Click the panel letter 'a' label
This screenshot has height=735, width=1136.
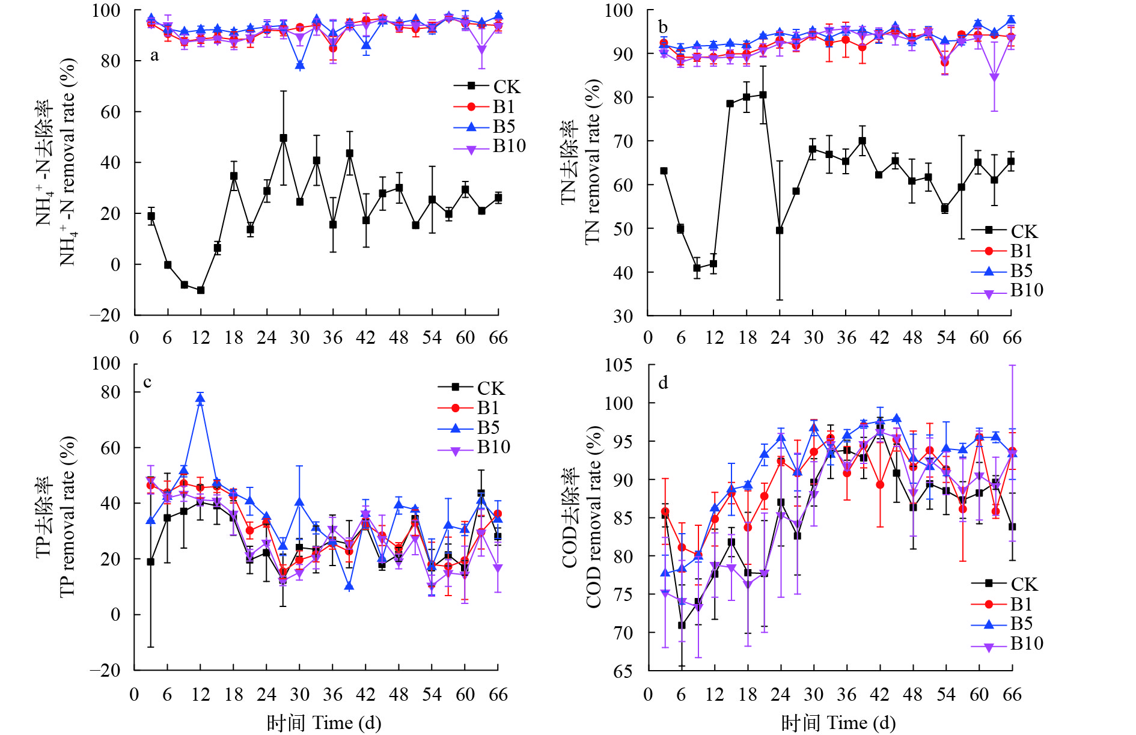point(154,56)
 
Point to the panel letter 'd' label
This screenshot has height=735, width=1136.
point(663,383)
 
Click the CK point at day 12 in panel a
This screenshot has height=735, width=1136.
point(201,290)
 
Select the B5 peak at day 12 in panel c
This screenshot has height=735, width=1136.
point(201,399)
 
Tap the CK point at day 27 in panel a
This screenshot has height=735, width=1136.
point(284,138)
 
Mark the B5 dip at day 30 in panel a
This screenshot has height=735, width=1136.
point(300,66)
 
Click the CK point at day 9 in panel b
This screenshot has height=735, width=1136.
point(697,268)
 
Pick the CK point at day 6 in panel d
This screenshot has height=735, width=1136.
point(682,626)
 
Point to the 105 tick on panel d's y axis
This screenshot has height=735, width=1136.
point(623,365)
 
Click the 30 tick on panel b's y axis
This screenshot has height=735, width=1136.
point(623,316)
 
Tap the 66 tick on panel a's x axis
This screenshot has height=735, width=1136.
point(498,338)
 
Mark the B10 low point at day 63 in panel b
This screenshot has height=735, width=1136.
point(995,78)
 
